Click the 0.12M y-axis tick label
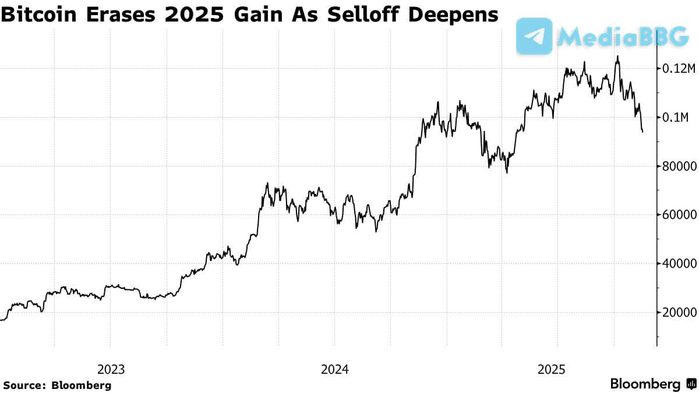click(679, 69)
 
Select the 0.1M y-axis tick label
click(676, 118)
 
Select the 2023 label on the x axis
click(111, 369)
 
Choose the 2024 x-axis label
click(334, 369)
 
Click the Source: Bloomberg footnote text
click(57, 385)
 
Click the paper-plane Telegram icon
click(534, 36)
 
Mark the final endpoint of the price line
click(642, 132)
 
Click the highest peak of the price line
click(617, 56)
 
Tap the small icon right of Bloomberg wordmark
click(691, 384)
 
